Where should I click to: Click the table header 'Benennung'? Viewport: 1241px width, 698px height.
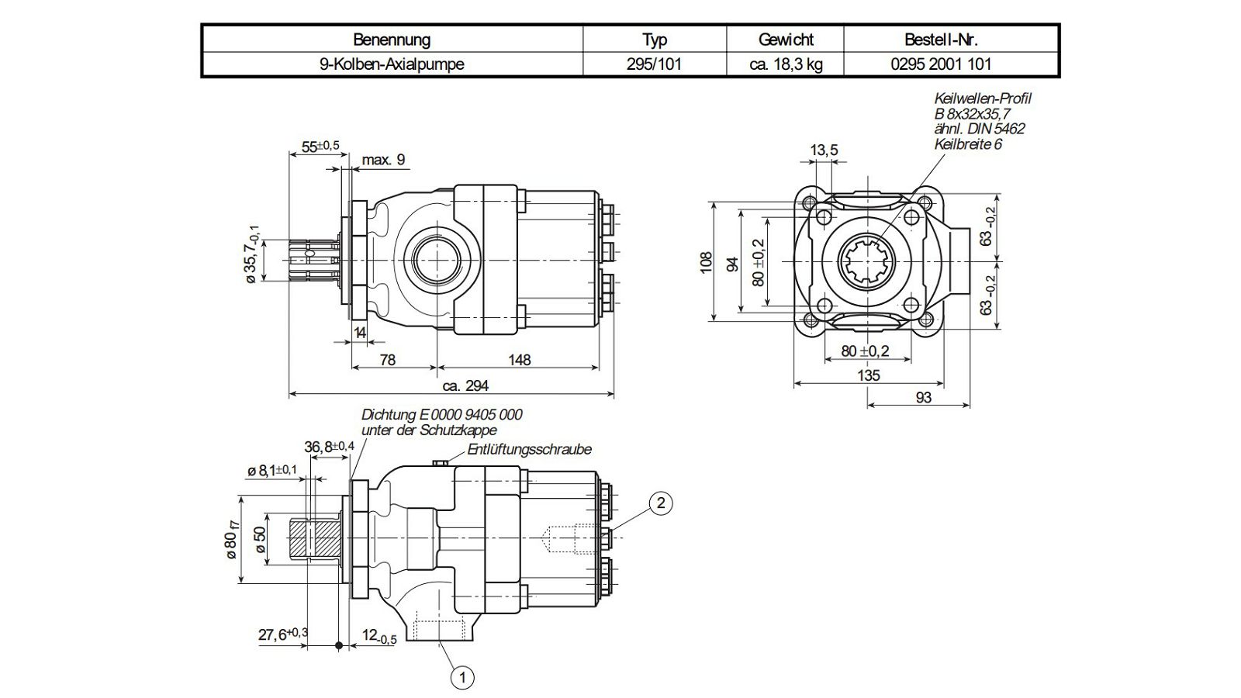click(392, 40)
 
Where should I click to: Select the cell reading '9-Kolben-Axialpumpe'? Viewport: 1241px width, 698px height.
click(392, 64)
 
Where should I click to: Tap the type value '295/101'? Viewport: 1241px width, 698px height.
click(654, 64)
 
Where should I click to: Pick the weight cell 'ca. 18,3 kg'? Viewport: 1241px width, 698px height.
click(786, 64)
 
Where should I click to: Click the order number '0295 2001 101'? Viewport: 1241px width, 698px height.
click(941, 64)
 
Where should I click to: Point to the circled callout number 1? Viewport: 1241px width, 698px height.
click(462, 677)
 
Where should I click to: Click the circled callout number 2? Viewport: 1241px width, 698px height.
click(660, 503)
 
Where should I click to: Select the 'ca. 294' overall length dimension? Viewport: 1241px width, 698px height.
click(465, 385)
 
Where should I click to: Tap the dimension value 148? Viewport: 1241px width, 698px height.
click(519, 360)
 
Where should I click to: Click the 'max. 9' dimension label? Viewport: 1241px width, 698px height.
click(383, 160)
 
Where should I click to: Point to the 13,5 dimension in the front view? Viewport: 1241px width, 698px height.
click(824, 150)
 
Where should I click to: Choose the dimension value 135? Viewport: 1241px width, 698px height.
click(868, 375)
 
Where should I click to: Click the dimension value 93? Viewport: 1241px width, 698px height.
click(923, 397)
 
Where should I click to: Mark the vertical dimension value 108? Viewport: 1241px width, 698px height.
click(705, 262)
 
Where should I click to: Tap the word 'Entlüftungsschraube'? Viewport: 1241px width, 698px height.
click(529, 449)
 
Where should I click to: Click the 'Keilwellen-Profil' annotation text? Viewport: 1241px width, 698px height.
click(982, 98)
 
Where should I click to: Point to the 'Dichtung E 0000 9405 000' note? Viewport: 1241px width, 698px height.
click(441, 414)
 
